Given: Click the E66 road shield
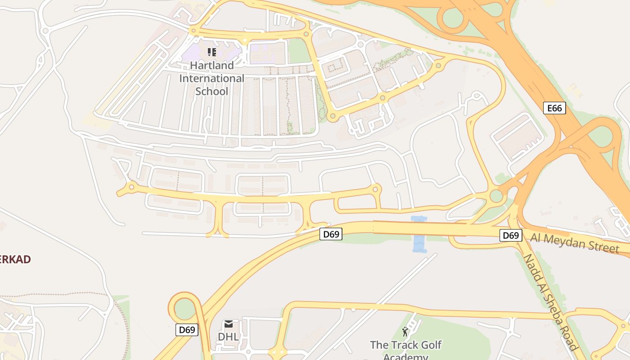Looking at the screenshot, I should [x=554, y=108].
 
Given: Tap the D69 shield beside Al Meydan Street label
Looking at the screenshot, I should [x=511, y=235].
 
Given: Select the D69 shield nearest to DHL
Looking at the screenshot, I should [x=187, y=330].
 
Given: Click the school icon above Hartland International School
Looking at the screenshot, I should [x=212, y=52].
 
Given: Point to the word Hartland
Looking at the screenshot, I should [x=212, y=65].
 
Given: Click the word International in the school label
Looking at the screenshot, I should [x=212, y=78].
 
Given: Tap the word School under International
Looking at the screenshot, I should [x=212, y=91].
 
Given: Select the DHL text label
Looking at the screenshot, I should [x=228, y=337].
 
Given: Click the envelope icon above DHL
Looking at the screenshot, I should [x=228, y=324].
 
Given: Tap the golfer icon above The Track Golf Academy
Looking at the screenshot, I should [x=405, y=332].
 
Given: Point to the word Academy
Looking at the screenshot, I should [x=405, y=357].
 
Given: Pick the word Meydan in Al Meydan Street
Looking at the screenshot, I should [x=565, y=241].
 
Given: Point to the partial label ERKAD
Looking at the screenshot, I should [x=15, y=260].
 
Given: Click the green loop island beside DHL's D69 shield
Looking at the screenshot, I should [x=185, y=309].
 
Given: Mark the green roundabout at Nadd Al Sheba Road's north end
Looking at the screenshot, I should [x=496, y=196].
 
